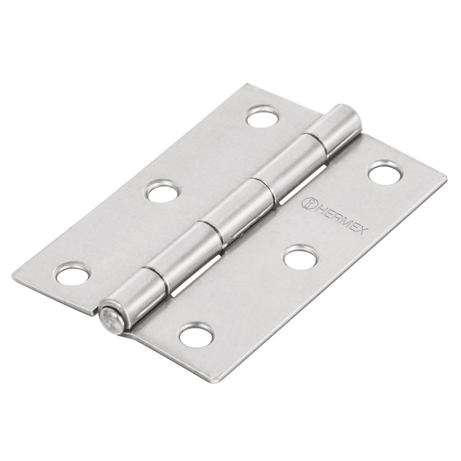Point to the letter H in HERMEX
317,208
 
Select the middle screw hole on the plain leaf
162,192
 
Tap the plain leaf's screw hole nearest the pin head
72,275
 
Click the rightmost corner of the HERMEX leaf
446,180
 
